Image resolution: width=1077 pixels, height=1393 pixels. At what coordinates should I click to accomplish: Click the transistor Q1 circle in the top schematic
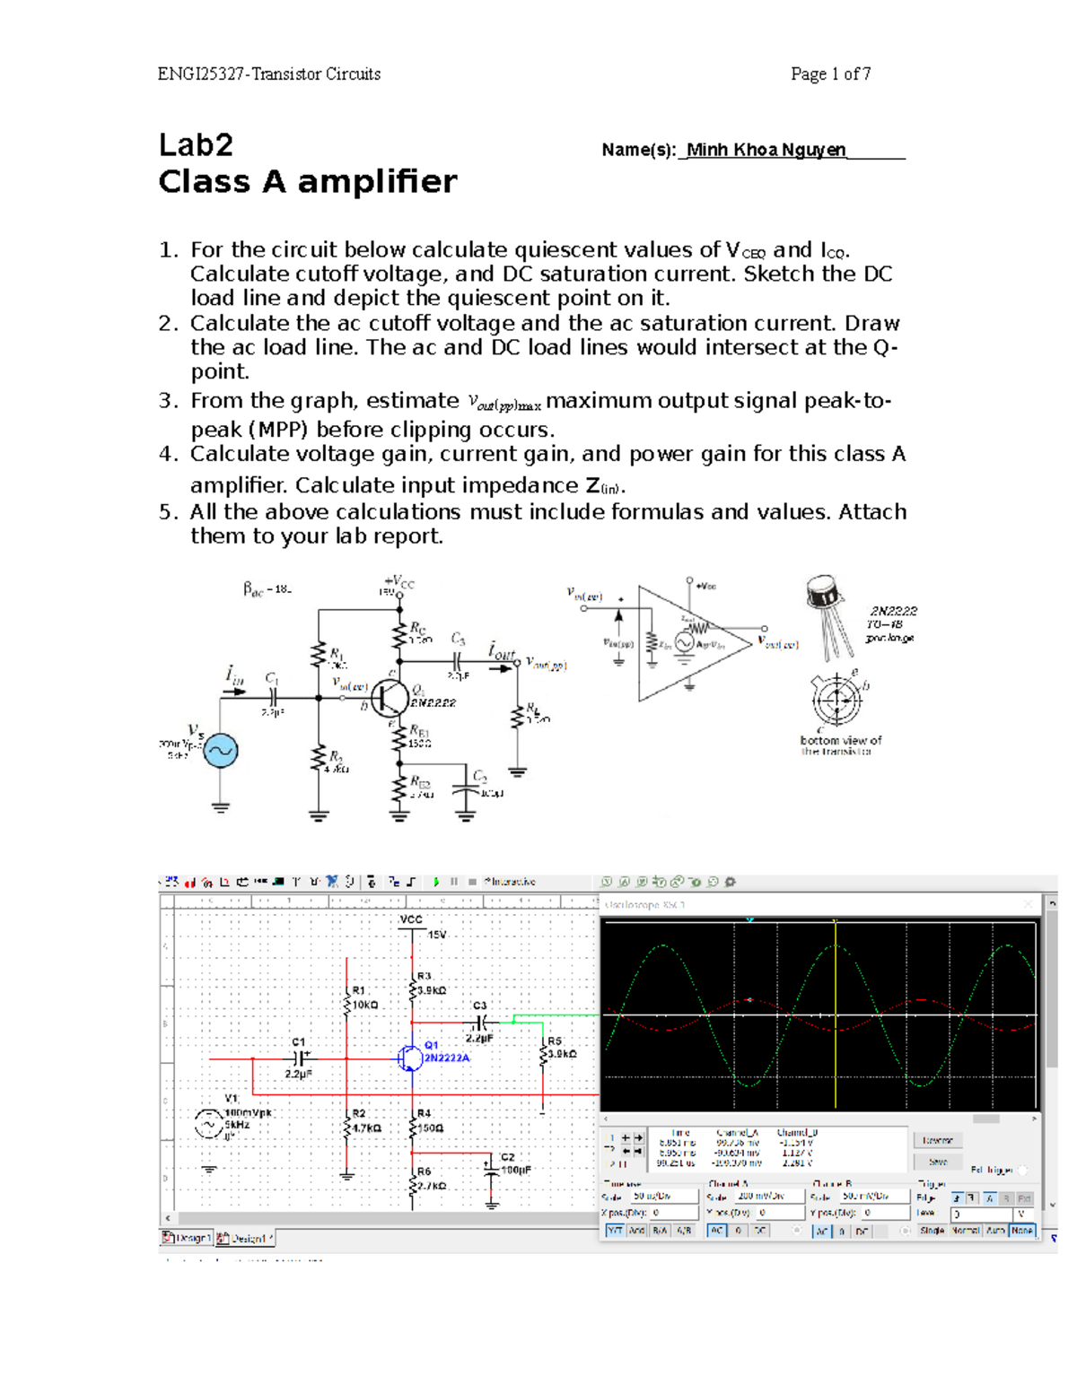390,696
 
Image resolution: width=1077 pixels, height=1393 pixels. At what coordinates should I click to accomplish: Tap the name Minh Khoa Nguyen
766,150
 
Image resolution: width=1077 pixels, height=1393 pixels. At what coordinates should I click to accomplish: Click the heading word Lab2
196,144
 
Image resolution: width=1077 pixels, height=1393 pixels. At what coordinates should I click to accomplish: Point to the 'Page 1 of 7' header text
830,74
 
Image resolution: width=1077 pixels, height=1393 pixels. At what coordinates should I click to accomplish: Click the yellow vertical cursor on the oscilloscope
836,1014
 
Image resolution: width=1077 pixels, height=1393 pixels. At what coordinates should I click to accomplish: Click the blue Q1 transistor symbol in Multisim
410,1058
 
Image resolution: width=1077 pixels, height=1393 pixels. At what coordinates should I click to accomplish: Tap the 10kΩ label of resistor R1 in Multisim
364,1005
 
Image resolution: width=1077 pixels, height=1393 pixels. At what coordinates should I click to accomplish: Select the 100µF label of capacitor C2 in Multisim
516,1170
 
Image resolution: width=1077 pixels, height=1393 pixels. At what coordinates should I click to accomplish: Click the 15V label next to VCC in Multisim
437,935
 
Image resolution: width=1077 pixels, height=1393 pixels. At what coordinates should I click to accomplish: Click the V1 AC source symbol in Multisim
209,1124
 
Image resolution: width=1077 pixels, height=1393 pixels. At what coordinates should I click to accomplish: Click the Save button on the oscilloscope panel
938,1162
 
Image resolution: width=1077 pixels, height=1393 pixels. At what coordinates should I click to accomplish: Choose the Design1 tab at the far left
187,1238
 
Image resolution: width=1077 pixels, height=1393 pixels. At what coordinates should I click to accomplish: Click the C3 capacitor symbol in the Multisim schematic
481,1022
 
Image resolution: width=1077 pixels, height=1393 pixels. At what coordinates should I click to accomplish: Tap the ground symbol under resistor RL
517,771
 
